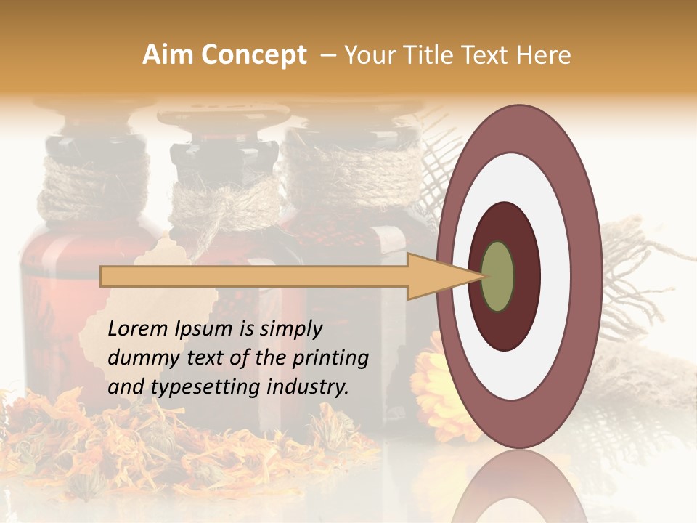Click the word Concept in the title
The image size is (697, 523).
coord(255,55)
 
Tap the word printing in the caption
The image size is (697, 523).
coord(330,358)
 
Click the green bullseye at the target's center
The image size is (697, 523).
coord(497,276)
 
